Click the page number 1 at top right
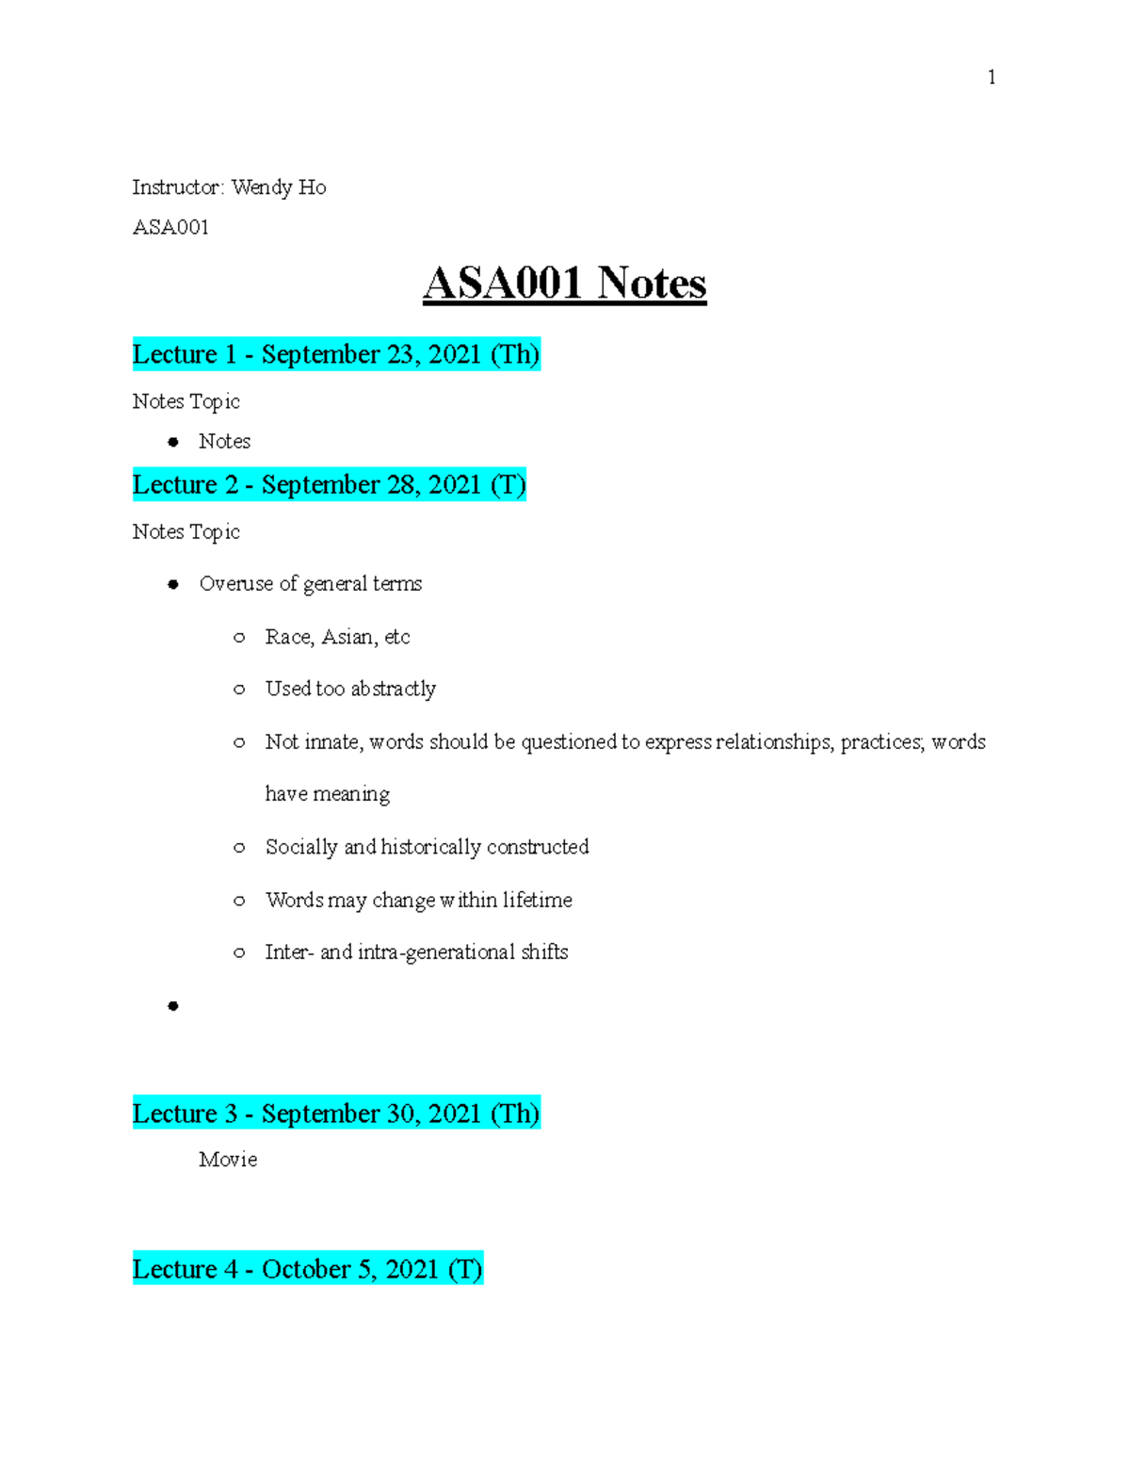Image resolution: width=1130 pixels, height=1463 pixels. tap(992, 77)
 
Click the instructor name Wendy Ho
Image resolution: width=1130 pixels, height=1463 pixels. tap(279, 187)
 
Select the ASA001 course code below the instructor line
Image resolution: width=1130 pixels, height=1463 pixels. tap(170, 227)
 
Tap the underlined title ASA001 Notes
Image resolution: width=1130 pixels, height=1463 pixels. tap(564, 284)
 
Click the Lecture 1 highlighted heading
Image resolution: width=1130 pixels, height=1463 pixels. tap(335, 354)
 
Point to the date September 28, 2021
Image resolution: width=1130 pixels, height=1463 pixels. tap(371, 484)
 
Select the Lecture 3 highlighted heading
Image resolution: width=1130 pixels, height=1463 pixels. tap(335, 1114)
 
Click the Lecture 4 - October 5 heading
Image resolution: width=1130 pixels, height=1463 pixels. tap(307, 1269)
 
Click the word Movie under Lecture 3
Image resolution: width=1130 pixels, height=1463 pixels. tap(228, 1160)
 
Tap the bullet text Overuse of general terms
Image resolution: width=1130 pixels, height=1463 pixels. tap(310, 584)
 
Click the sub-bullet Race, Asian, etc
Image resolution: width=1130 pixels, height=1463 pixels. tap(337, 637)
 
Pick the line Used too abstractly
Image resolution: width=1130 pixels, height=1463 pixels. tap(350, 689)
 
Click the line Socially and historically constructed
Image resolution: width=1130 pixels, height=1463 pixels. tap(427, 847)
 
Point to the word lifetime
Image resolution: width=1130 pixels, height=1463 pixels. tap(537, 900)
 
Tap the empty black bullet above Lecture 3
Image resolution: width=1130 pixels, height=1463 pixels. tap(173, 1006)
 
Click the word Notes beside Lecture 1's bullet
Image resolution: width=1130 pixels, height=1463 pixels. tap(224, 441)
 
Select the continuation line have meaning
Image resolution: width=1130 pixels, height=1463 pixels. tap(327, 794)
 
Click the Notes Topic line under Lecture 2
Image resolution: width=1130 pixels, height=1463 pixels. tap(186, 532)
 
